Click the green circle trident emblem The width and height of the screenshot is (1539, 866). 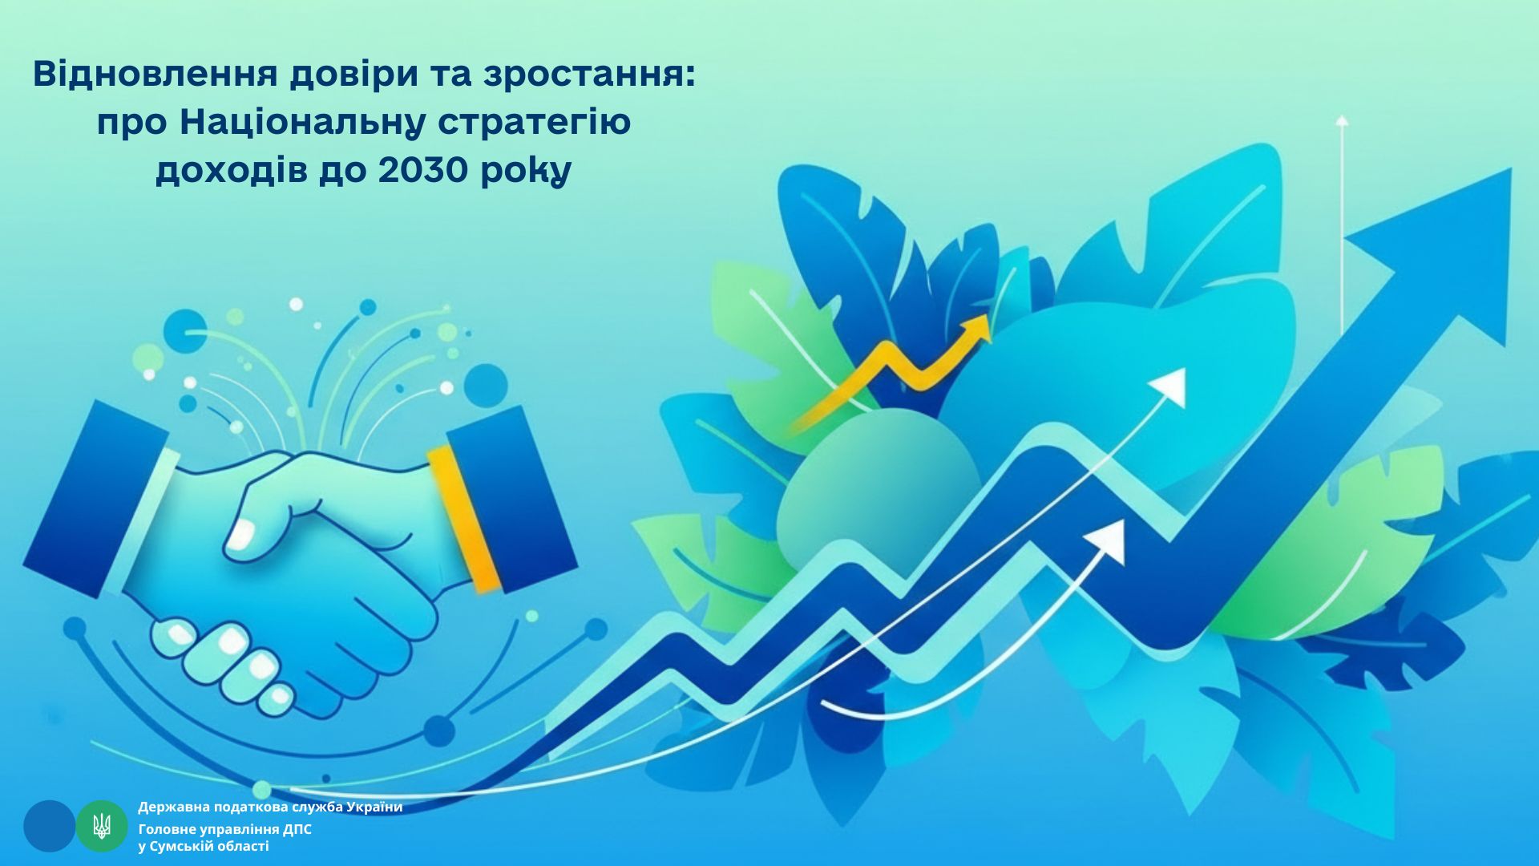102,826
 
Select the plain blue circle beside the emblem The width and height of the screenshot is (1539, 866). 49,826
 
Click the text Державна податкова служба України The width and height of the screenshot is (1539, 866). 270,807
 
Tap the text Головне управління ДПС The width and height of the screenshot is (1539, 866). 224,829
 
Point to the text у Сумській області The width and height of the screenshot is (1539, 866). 204,847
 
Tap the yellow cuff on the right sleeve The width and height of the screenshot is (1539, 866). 465,518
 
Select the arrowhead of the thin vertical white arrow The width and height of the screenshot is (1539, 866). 1342,120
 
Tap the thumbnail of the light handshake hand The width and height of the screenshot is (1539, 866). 240,535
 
